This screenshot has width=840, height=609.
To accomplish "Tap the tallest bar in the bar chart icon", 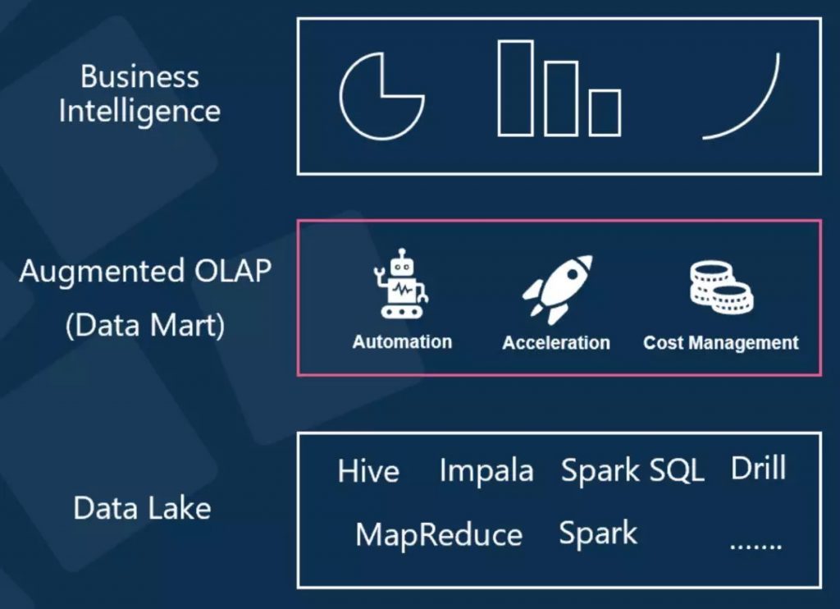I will pos(515,88).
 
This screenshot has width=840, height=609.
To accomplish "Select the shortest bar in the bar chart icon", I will pos(605,112).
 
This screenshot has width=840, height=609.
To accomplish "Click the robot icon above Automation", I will pos(402,284).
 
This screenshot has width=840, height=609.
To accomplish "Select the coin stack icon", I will pos(720,287).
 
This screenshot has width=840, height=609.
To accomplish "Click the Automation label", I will pos(402,341).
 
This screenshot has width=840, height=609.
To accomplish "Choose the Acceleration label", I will pos(556,342).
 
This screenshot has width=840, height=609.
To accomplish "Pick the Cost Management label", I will pos(720,342).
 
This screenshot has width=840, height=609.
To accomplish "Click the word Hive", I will pos(368,472).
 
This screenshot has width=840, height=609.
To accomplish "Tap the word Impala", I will pos(486,471).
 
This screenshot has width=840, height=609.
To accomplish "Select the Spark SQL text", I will pos(632,471).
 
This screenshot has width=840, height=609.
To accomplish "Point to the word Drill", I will pos(758,469).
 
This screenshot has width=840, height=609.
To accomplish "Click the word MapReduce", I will pos(439,535).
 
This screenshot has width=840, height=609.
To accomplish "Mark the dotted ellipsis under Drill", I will pos(756,544).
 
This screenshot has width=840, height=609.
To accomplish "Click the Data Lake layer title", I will pos(142,508).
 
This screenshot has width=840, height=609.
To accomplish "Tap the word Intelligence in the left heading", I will pos(139,111).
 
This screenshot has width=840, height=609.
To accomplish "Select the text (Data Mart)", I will pos(144,326).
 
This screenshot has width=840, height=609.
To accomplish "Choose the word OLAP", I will pos(231,271).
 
